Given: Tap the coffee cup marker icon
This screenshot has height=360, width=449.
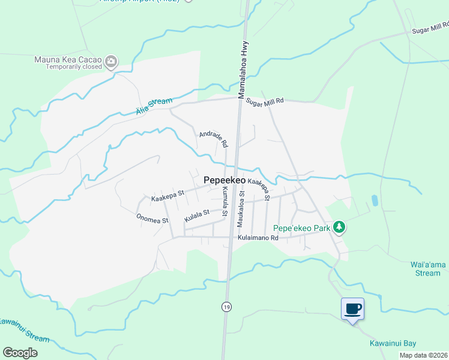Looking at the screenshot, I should [352, 309].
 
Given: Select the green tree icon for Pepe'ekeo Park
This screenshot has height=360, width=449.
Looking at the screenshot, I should [339, 227].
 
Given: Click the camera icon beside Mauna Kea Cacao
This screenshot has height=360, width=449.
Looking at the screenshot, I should [110, 61].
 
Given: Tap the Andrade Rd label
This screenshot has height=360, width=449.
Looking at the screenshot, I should [214, 140].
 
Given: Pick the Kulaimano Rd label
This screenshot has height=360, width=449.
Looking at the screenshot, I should [258, 238].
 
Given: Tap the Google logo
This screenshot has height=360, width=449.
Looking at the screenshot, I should [20, 353].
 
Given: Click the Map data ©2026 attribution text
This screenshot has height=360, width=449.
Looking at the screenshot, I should [423, 355].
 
